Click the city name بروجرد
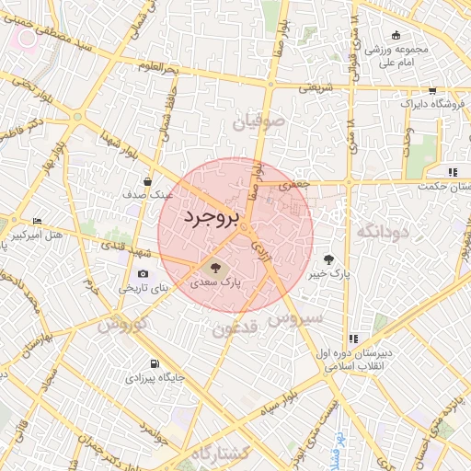point(211,217)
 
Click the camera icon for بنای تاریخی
point(143,274)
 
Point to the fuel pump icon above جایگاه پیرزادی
point(155,363)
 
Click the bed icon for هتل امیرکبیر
point(37,222)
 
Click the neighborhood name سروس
point(296,318)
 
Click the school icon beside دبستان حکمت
point(452,171)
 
